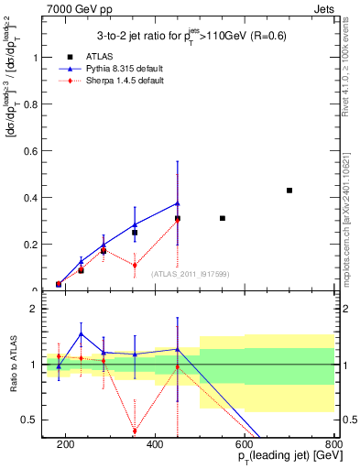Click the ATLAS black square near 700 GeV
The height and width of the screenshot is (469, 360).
[289, 191]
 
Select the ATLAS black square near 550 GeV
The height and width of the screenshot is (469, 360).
[223, 218]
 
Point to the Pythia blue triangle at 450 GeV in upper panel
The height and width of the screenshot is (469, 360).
[178, 203]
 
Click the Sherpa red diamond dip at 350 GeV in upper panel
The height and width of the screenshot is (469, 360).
[135, 266]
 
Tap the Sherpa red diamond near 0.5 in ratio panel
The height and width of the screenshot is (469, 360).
[135, 431]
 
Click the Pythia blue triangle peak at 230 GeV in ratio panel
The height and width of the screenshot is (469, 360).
[81, 333]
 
